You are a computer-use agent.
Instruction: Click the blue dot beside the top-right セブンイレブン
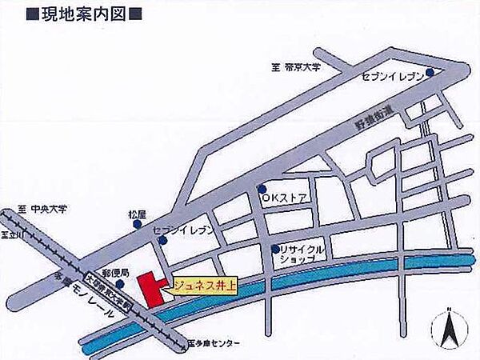click(x=430, y=73)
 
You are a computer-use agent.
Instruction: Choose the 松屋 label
click(x=134, y=215)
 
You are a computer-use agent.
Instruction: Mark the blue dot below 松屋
click(x=136, y=226)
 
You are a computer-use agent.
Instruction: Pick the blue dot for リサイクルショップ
click(x=274, y=248)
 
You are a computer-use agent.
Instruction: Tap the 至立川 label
click(x=10, y=235)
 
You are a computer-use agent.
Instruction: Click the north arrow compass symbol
click(x=449, y=328)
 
